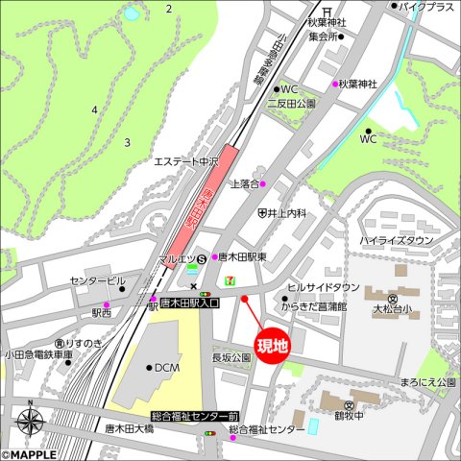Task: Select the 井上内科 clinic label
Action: [x=286, y=212]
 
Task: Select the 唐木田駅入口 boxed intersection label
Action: [x=189, y=303]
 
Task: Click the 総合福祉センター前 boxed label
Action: [x=195, y=417]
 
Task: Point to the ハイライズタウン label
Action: [x=397, y=240]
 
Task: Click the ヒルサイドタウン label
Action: [x=324, y=287]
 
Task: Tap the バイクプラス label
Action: [x=426, y=6]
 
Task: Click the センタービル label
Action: [x=97, y=281]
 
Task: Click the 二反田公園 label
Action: [x=291, y=103]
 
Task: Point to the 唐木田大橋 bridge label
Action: [x=129, y=429]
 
